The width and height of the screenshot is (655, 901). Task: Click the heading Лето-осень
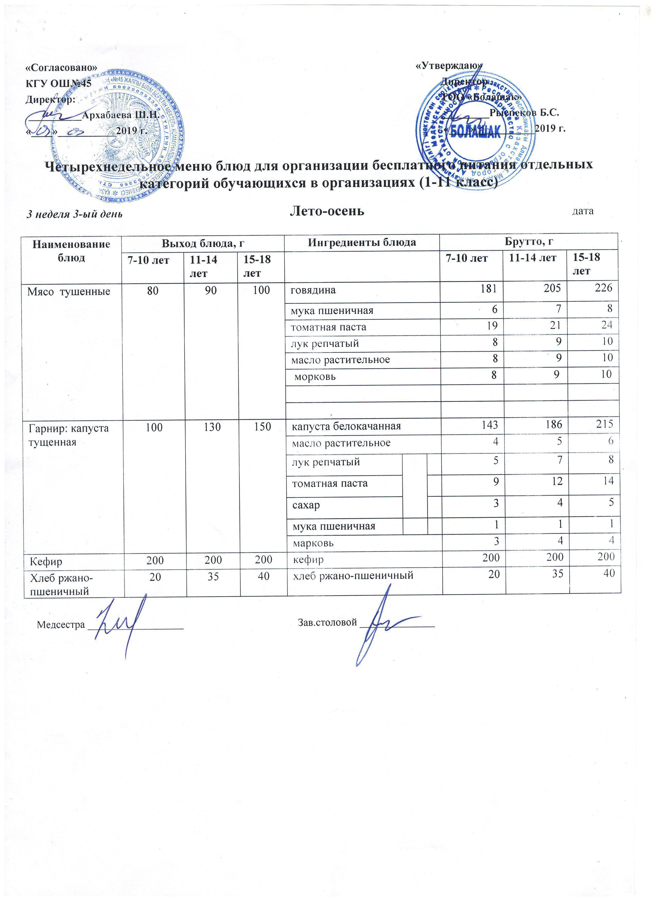coord(327,211)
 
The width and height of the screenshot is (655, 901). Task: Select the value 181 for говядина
coord(489,289)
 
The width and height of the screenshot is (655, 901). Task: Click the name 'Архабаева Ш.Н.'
coord(121,115)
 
